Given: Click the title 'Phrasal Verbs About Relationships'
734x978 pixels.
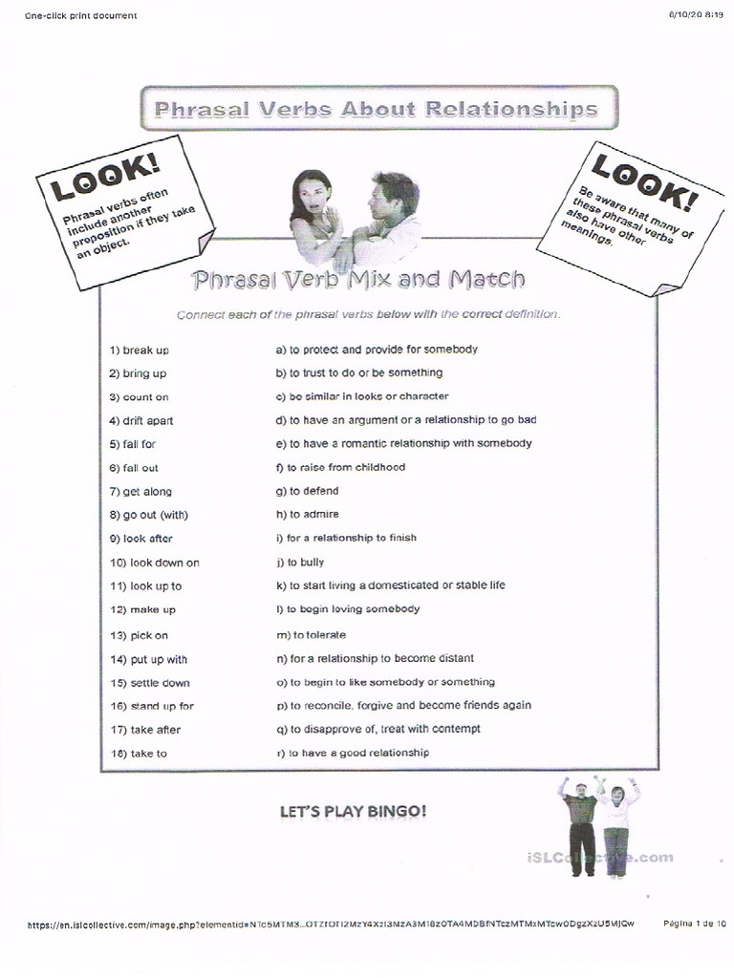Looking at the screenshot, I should (x=377, y=108).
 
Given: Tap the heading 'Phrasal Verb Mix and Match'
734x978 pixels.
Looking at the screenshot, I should (x=358, y=280).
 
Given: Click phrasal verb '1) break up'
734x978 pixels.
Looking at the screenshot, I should (x=140, y=351).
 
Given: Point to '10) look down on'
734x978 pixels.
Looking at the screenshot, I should (x=155, y=563).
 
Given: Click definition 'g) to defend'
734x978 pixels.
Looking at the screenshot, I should (x=307, y=491).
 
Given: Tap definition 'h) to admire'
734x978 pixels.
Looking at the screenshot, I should (x=307, y=515).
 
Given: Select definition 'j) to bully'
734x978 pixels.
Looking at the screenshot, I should (x=300, y=563).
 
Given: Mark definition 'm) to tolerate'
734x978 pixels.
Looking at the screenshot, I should (x=311, y=635).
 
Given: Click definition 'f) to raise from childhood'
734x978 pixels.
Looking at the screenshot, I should (x=340, y=467).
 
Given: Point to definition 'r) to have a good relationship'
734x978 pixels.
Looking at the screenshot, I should (x=353, y=753).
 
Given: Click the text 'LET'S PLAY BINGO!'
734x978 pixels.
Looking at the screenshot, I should (x=353, y=812).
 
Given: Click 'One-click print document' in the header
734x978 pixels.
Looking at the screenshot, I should (x=81, y=15).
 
